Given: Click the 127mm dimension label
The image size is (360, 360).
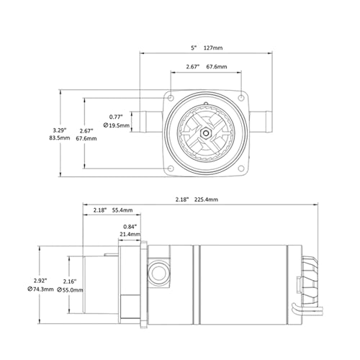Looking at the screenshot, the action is [x=213, y=48].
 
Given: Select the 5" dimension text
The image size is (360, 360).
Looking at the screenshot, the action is [x=194, y=48].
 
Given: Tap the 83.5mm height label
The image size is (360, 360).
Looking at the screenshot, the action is [x=60, y=138].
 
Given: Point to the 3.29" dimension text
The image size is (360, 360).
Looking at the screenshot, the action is [x=60, y=130].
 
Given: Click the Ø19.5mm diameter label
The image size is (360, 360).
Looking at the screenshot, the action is [x=117, y=125].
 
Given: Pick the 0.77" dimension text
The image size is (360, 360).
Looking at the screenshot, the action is [x=116, y=117].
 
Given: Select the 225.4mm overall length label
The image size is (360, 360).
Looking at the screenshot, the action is [x=206, y=199].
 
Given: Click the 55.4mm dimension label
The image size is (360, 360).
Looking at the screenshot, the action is [x=122, y=210].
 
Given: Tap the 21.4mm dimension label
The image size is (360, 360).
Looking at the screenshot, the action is [x=130, y=234].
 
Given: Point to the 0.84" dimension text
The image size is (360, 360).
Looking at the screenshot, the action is [x=130, y=226].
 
